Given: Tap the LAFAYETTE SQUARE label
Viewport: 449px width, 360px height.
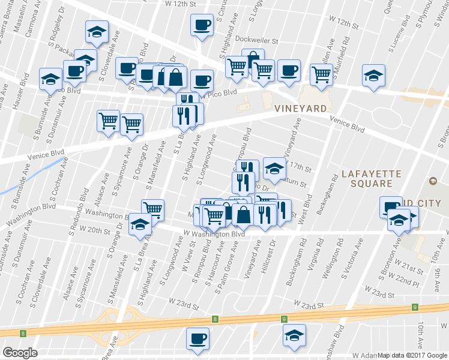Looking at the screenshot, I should (x=370, y=178).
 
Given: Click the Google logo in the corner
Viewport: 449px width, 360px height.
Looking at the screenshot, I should (x=20, y=352).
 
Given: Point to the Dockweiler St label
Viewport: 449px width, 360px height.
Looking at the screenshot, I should (x=258, y=41).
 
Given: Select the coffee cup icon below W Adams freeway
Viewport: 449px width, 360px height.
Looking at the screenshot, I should (x=197, y=338).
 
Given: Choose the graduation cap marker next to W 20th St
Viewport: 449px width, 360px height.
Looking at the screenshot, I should (x=140, y=224).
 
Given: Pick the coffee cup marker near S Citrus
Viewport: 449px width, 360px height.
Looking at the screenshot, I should (x=202, y=25).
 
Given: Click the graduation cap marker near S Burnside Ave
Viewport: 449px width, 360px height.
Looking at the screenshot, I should (x=50, y=78).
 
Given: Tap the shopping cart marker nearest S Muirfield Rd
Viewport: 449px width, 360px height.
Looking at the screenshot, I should (x=321, y=74).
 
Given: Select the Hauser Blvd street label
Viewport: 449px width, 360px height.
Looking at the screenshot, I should (x=20, y=90).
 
